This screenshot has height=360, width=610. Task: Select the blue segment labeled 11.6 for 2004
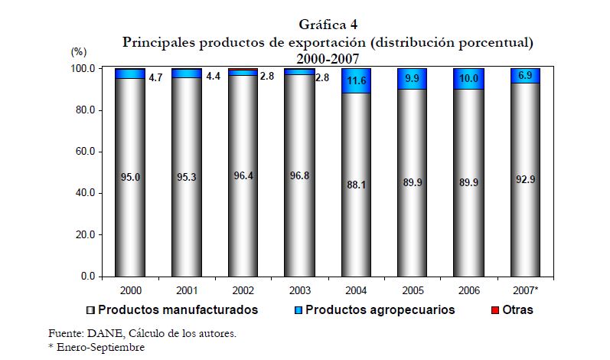coord(356,80)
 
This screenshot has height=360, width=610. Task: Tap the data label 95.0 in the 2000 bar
coord(129,177)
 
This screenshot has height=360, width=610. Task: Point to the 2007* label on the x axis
coord(525,289)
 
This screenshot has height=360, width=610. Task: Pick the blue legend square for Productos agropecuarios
coord(299,310)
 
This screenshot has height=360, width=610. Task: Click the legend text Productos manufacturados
coord(178,310)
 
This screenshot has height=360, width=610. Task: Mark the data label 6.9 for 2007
coord(526,76)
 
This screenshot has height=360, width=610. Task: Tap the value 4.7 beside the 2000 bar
coord(155,77)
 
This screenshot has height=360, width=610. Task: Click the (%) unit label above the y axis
coord(79,52)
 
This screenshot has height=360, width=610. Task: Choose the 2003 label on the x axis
coord(298,289)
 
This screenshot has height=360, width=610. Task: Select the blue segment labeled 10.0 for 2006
coord(468,79)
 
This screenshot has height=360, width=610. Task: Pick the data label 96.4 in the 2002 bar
coord(243,175)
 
